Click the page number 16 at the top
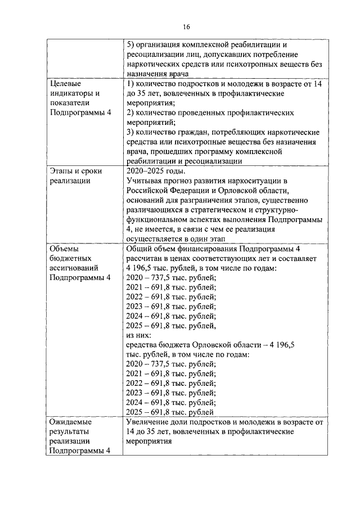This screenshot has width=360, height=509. tap(187, 26)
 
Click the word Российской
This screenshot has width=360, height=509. tap(147, 191)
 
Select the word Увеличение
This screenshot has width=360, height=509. tap(148, 421)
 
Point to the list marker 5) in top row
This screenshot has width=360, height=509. tap(130, 45)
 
